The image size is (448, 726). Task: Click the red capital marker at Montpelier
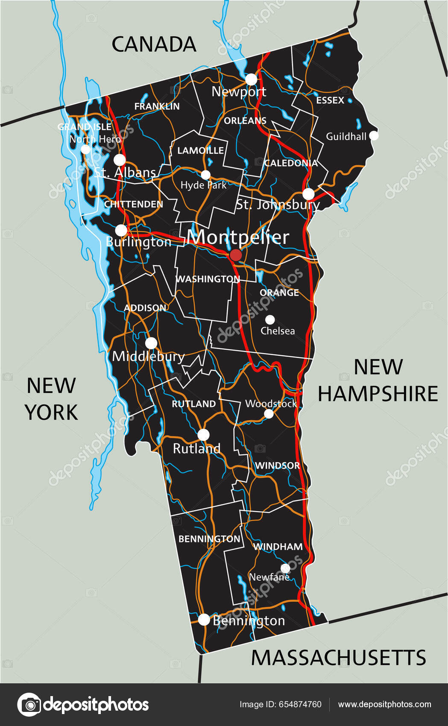[x=235, y=255]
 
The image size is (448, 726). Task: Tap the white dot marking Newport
[x=251, y=79]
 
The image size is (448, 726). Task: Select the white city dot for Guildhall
[x=374, y=135]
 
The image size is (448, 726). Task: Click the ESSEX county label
[x=330, y=100]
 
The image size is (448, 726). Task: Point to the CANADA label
[x=154, y=44]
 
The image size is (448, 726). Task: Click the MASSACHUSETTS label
[x=338, y=658]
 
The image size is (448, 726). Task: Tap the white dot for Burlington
[x=121, y=230]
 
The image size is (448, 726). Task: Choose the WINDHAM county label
[x=278, y=547]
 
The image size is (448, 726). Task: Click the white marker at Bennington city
[x=204, y=619]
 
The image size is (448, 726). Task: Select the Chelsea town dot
[x=270, y=319]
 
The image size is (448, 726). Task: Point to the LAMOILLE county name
[x=200, y=150]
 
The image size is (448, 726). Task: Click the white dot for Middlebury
[x=151, y=343]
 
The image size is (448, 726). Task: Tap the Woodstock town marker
[x=269, y=413]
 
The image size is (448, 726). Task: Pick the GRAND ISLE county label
[x=85, y=127]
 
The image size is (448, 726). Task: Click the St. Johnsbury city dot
[x=308, y=194]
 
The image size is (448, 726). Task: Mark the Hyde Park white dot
[x=206, y=175]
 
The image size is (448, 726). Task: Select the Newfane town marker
[x=285, y=568]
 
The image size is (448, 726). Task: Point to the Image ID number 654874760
[x=301, y=705]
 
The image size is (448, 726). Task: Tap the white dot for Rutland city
[x=203, y=435]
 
